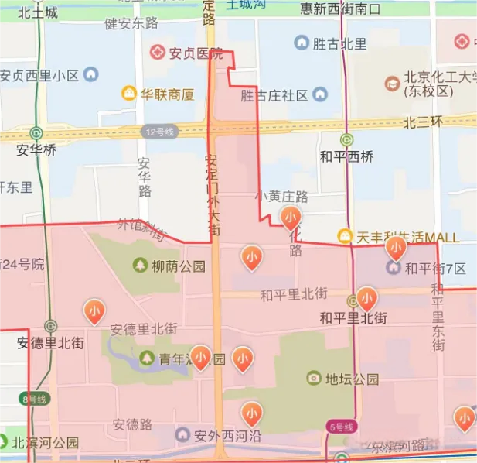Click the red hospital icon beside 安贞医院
pos(158,53)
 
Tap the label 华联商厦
pos(167,94)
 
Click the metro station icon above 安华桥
pos(36,133)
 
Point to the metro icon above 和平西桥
pos(347,140)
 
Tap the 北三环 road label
pos(421,122)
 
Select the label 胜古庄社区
pos(274,96)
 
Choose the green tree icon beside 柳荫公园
pos(140,266)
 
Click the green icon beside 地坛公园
pos(313,378)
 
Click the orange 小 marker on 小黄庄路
pos(291,219)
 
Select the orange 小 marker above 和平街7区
pos(396,248)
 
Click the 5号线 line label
pos(340,427)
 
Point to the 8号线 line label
pos(35,399)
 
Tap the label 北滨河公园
pos(45,444)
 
